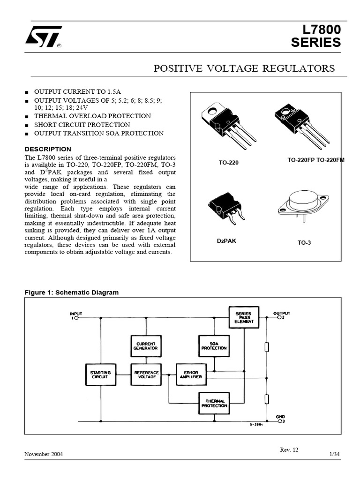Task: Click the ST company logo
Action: [x=44, y=37]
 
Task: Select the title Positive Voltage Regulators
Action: [x=244, y=68]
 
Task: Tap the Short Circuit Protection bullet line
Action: [x=82, y=125]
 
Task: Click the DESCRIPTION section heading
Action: [x=48, y=149]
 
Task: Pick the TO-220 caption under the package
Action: [x=228, y=163]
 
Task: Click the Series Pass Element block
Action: [x=243, y=317]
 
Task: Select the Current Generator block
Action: [x=145, y=346]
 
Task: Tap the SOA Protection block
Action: [x=214, y=346]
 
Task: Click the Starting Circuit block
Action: [x=100, y=374]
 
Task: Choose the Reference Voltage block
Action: [x=145, y=374]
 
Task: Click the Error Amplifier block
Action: [x=190, y=374]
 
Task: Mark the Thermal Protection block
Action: [x=214, y=403]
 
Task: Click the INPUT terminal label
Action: [x=76, y=313]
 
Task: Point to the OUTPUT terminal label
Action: [x=282, y=313]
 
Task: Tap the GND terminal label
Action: [x=280, y=416]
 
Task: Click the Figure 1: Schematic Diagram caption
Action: [x=71, y=292]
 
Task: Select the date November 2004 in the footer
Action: [x=44, y=455]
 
